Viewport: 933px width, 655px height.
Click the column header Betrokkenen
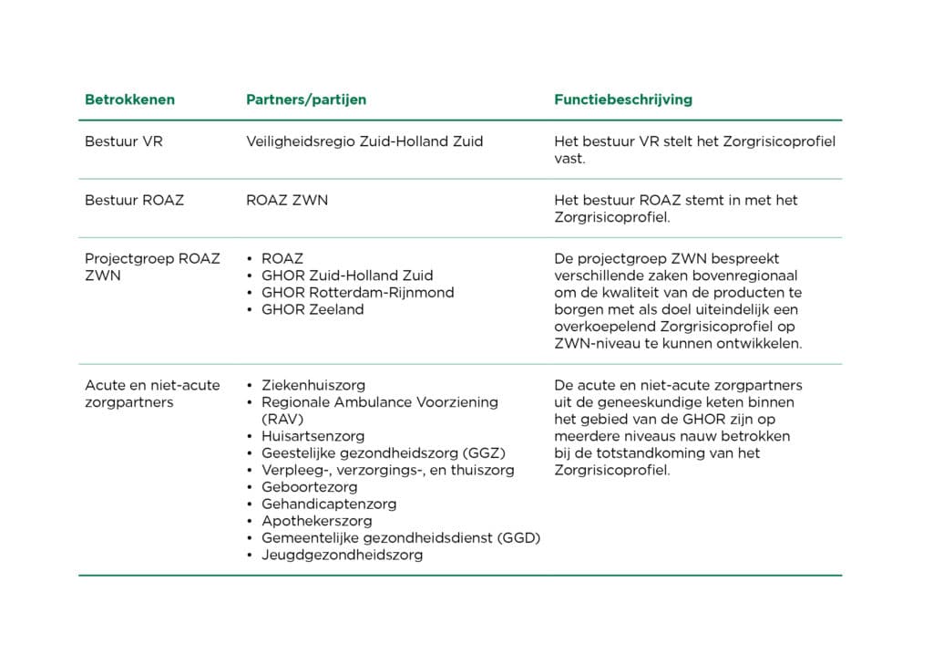tap(129, 99)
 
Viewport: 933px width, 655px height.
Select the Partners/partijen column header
tap(306, 99)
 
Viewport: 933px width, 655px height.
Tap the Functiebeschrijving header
tap(622, 99)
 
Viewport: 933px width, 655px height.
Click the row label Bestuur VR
tap(124, 142)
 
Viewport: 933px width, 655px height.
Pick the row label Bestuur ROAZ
tap(134, 200)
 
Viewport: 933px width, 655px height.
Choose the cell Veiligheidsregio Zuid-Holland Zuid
tap(364, 142)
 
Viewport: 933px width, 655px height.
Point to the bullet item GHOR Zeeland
tap(313, 309)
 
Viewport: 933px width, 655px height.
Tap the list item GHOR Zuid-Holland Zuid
tap(347, 276)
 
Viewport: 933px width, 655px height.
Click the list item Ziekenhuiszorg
tap(313, 385)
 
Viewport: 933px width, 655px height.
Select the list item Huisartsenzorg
tap(313, 436)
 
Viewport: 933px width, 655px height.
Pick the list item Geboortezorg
tap(309, 487)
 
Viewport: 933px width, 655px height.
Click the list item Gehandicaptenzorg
tap(329, 504)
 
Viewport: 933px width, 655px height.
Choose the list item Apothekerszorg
tap(317, 521)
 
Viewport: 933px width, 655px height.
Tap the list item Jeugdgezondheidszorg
tap(342, 555)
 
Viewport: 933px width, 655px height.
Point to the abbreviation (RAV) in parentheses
tap(281, 419)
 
